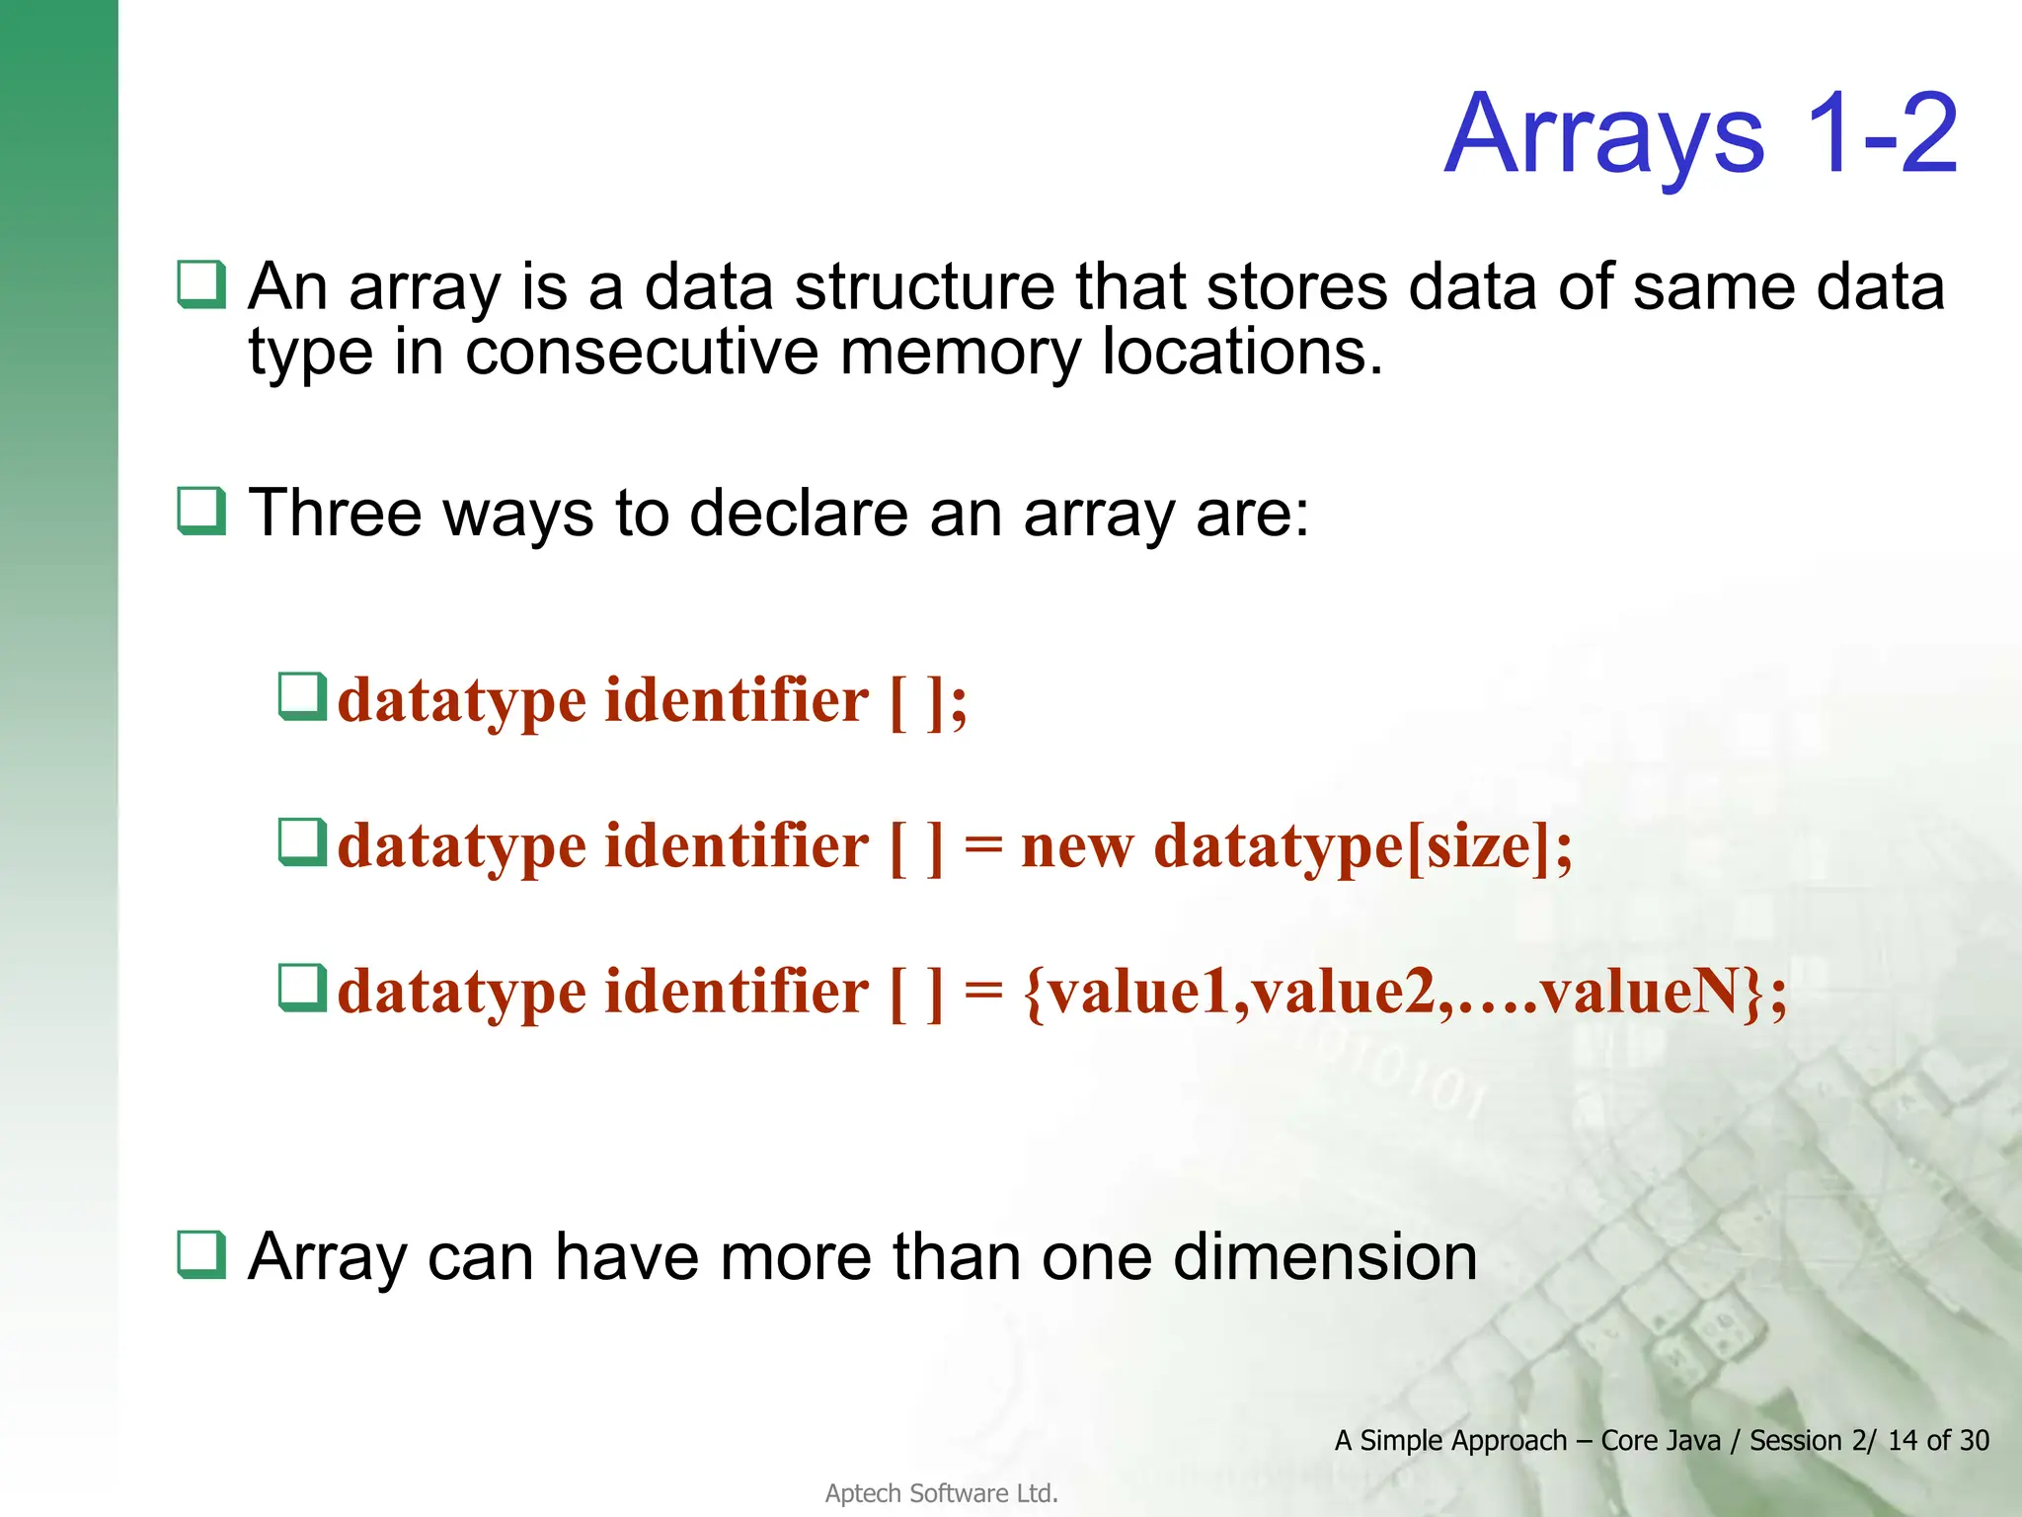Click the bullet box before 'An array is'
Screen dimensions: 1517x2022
tap(201, 284)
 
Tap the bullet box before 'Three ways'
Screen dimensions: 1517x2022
tap(201, 512)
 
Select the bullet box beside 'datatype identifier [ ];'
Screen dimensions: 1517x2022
tap(302, 697)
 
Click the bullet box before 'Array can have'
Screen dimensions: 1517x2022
tap(201, 1255)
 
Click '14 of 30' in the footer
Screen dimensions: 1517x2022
tap(1938, 1441)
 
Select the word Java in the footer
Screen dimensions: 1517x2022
tap(1693, 1441)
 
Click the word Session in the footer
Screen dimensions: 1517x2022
tap(1795, 1441)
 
